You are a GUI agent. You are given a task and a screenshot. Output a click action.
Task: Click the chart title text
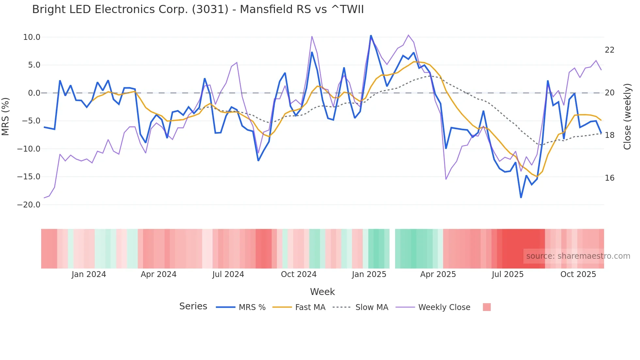coord(198,9)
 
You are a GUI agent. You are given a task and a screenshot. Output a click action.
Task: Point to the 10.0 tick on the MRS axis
coord(32,37)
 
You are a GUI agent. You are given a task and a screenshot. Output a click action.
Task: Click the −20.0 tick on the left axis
coord(29,205)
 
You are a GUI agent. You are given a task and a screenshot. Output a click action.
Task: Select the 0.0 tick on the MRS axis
coord(34,93)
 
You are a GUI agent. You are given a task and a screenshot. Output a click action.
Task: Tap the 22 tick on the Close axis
coord(609,50)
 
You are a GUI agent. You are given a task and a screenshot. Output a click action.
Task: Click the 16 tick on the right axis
coord(609,178)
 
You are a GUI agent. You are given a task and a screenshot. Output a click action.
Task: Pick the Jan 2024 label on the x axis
coord(89,274)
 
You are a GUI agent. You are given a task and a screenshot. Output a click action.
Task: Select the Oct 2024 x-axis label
coord(298,274)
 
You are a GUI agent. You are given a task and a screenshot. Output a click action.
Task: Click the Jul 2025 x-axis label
coord(507,274)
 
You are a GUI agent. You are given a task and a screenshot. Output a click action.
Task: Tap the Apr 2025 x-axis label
coord(438,274)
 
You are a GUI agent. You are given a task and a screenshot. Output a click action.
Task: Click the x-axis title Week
coord(322,292)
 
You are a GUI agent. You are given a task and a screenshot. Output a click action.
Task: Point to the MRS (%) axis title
coord(6,117)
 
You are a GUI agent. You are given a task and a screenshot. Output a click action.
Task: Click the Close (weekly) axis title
coord(627,117)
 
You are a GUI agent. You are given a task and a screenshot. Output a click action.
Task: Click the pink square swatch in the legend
coord(487,307)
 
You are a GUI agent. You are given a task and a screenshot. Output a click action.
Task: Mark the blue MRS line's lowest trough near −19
coord(521,197)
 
